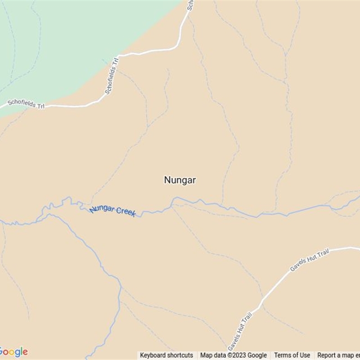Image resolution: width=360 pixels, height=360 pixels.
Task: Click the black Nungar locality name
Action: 180,180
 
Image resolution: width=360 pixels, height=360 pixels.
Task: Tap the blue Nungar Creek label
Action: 112,211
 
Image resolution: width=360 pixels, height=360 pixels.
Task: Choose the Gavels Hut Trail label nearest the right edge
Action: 310,261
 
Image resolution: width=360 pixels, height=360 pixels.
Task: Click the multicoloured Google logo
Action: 13,352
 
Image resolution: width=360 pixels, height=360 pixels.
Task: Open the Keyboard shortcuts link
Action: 166,355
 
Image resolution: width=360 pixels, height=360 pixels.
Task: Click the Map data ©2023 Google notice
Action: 234,355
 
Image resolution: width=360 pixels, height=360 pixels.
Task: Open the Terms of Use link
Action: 292,355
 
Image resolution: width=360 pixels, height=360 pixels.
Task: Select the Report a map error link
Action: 338,355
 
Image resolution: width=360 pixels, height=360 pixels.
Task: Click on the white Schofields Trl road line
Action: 148,53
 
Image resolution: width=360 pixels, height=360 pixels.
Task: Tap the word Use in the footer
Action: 305,355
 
